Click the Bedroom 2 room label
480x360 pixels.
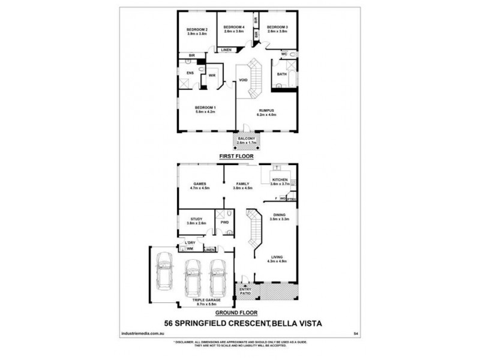point(197,29)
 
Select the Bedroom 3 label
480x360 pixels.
point(277,27)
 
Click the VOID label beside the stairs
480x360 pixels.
point(244,80)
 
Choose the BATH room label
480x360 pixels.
point(281,75)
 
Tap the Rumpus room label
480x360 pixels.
point(266,110)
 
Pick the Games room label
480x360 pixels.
point(200,183)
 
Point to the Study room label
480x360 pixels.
point(196,219)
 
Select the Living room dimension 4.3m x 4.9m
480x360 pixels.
point(278,262)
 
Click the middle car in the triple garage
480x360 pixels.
point(193,275)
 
